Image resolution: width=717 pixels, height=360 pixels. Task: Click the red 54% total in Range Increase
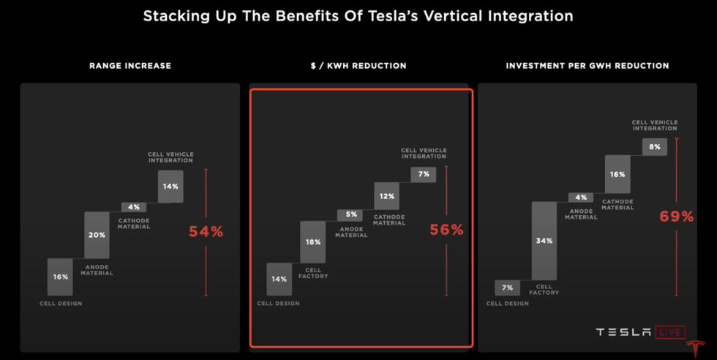pyautogui.click(x=206, y=232)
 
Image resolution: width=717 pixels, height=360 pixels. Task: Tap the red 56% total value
pyautogui.click(x=446, y=230)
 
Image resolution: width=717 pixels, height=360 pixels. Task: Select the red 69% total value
pyautogui.click(x=676, y=217)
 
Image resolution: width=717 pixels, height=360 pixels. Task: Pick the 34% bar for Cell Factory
pyautogui.click(x=544, y=241)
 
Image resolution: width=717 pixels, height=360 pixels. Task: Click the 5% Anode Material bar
pyautogui.click(x=351, y=215)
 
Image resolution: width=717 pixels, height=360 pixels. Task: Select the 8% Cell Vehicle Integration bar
pyautogui.click(x=654, y=147)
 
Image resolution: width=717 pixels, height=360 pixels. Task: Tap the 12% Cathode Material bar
pyautogui.click(x=386, y=196)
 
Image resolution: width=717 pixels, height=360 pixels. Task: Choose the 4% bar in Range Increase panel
pyautogui.click(x=133, y=207)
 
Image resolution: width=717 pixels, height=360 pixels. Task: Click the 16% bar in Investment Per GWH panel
pyautogui.click(x=617, y=175)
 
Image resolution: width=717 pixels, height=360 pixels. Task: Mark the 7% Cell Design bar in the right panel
pyautogui.click(x=507, y=288)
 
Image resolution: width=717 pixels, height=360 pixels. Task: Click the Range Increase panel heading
pyautogui.click(x=130, y=66)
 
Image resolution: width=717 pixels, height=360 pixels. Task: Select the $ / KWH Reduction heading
pyautogui.click(x=358, y=66)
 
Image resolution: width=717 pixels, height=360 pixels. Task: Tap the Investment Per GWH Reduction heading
pyautogui.click(x=588, y=66)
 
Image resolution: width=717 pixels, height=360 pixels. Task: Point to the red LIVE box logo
pyautogui.click(x=669, y=333)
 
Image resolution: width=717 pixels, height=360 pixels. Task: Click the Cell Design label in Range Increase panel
pyautogui.click(x=61, y=303)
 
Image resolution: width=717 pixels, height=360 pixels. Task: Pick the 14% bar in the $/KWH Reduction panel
pyautogui.click(x=279, y=279)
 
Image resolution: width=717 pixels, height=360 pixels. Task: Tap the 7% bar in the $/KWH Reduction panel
pyautogui.click(x=423, y=174)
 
